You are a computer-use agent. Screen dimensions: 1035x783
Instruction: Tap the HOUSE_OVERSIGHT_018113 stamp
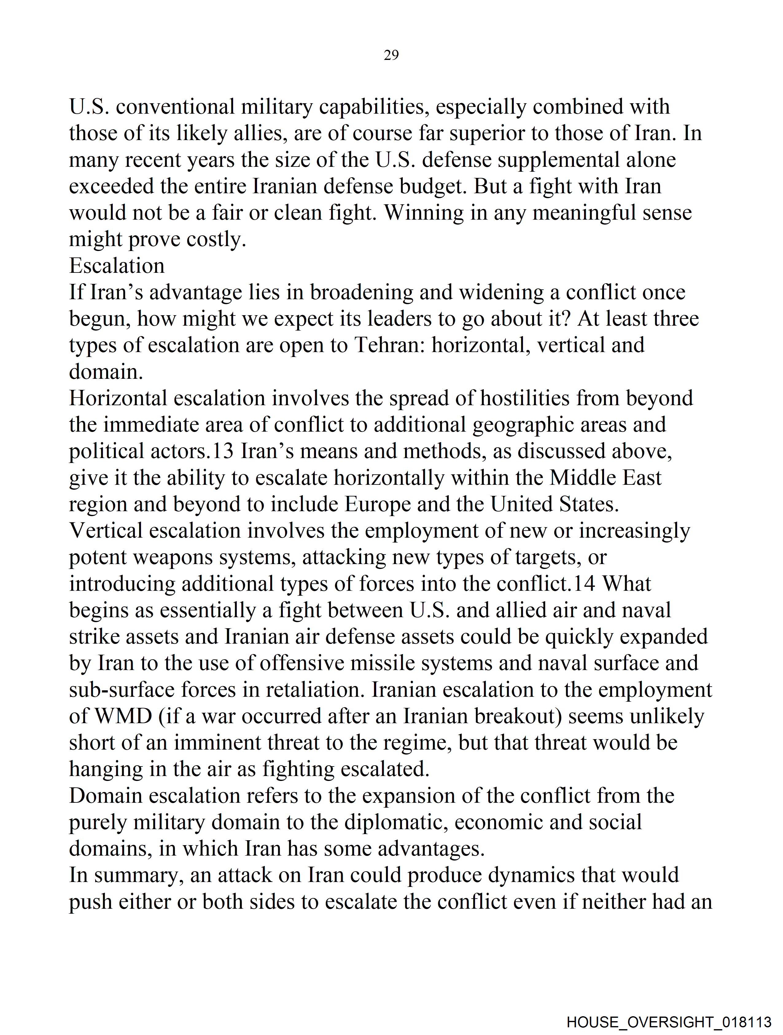point(668,1022)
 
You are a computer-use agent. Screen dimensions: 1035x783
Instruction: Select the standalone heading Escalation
point(117,266)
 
